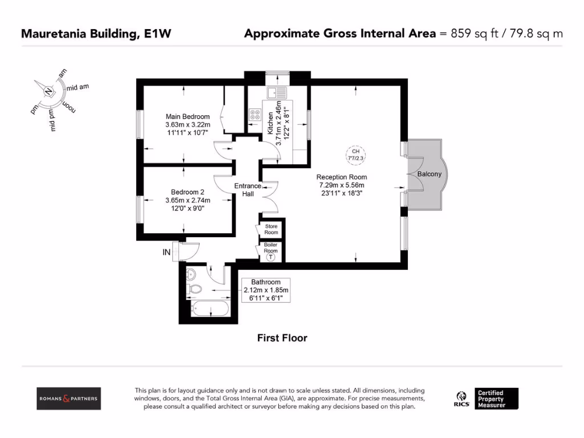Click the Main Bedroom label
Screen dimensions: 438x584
pos(188,116)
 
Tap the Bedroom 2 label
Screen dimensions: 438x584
pos(188,192)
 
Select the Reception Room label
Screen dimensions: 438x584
pos(342,177)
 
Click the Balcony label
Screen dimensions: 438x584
pos(429,174)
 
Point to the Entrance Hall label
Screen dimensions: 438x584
pos(248,190)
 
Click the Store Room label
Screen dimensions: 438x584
pos(271,229)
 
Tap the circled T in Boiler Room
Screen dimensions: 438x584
pos(271,257)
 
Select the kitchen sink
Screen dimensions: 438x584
pos(278,92)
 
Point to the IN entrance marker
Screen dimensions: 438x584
pos(167,252)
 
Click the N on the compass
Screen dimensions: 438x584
pos(49,91)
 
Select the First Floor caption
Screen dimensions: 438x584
pos(282,338)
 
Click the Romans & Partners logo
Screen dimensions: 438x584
pos(68,398)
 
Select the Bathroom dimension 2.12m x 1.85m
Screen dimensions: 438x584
pos(266,290)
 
